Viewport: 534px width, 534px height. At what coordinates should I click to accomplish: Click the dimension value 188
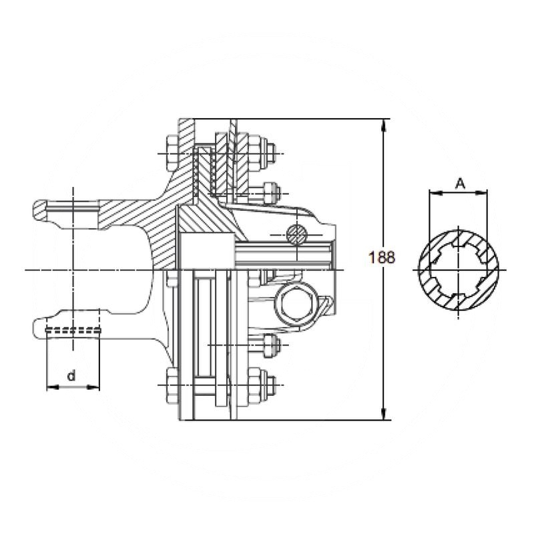point(382,257)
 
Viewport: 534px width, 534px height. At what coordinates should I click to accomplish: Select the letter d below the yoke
point(72,377)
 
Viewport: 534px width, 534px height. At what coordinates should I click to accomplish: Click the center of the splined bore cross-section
point(459,270)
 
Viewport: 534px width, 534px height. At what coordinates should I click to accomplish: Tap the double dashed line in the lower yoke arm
point(73,330)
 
